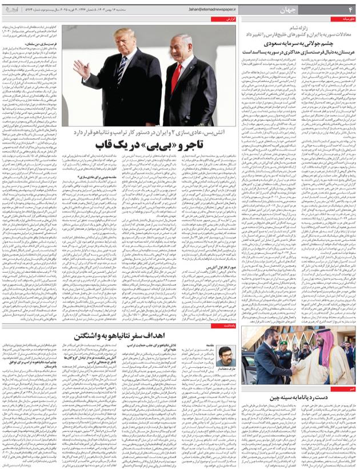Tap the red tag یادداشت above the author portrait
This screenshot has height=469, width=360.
point(229,325)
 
